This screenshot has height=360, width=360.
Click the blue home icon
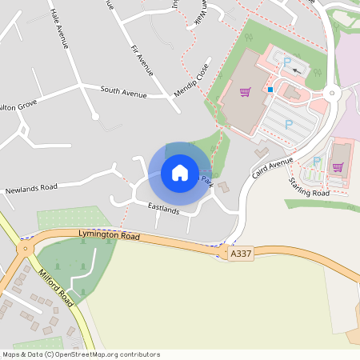(179, 172)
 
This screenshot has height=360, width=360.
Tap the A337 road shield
(240, 253)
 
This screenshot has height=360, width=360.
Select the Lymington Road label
(110, 236)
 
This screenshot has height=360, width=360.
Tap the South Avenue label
(123, 92)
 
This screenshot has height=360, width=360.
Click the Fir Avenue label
(142, 60)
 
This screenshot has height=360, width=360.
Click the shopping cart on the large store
(244, 92)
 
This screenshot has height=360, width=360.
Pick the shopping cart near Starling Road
(338, 167)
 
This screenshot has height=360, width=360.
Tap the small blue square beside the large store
(270, 90)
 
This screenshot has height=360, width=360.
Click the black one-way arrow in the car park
(298, 70)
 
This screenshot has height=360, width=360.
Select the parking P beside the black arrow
(287, 62)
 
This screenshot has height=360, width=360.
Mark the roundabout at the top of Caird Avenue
(331, 94)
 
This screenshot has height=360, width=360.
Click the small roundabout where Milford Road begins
(25, 249)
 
